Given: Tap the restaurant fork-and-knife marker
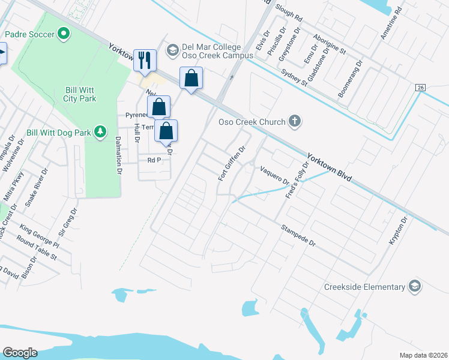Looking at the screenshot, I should tap(145, 60).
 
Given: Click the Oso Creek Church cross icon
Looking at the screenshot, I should tap(294, 122).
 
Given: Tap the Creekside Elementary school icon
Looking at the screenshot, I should tap(414, 287).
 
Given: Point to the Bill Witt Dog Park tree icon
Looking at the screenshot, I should tap(101, 131).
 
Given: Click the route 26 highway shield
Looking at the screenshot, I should tap(420, 88).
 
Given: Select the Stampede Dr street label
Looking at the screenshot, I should tap(298, 235).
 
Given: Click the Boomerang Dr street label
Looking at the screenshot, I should tap(352, 78).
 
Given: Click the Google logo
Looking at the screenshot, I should tap(20, 353).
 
